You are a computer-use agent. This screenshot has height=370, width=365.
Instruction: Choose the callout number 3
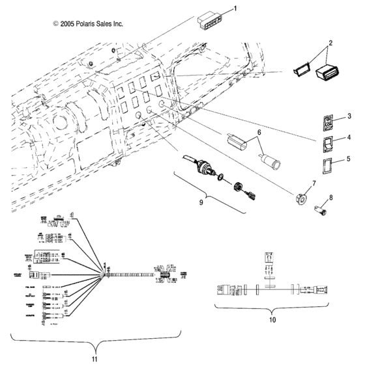click(350, 116)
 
